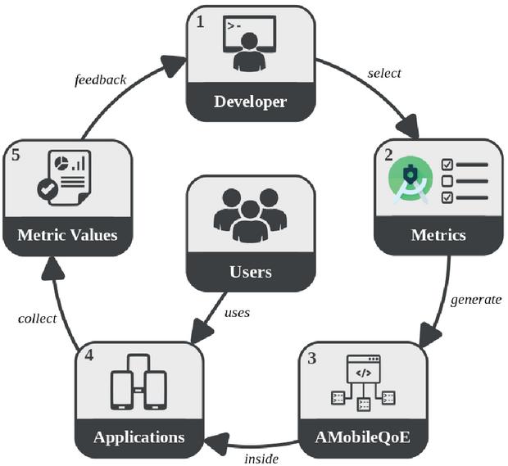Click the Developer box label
[x=250, y=102]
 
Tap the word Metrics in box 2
[x=438, y=235]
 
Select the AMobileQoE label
[x=363, y=436]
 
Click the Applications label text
[x=138, y=436]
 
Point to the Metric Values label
[x=67, y=235]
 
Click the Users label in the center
[x=250, y=272]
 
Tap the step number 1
[x=200, y=22]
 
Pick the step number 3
[x=311, y=357]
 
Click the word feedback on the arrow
[x=100, y=79]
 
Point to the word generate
[x=475, y=299]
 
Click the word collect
[x=37, y=318]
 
